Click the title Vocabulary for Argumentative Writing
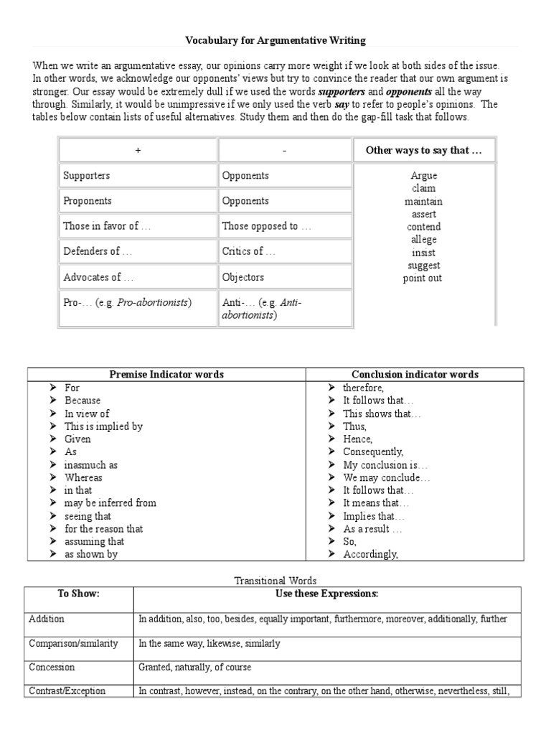pos(275,41)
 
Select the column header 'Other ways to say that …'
pos(423,150)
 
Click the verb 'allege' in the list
pos(423,240)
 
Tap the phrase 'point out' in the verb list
pos(423,278)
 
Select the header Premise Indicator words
pos(166,375)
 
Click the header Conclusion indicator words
pos(415,375)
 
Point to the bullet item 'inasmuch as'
pos(90,464)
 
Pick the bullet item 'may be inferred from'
pos(110,503)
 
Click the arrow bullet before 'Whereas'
pos(53,477)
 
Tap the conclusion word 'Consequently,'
pos(372,451)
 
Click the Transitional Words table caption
pos(275,581)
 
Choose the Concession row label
pos(50,667)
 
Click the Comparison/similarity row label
pos(73,643)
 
